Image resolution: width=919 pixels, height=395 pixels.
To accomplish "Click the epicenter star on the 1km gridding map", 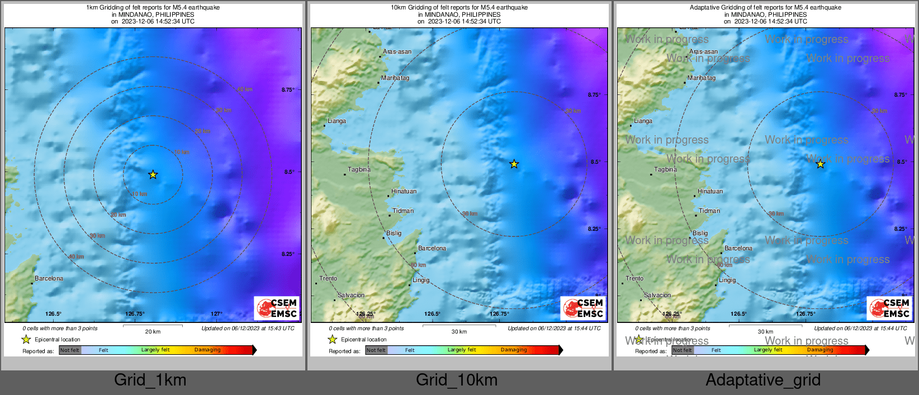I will [153, 175].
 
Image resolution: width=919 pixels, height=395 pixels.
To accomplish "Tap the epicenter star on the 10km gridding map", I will [514, 164].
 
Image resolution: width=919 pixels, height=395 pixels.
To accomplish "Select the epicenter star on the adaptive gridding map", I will [820, 164].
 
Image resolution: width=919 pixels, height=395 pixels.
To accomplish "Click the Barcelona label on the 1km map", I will [49, 278].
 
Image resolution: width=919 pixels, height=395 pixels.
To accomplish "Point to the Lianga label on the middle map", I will [337, 121].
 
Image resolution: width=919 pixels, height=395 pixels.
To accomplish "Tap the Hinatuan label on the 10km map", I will [404, 191].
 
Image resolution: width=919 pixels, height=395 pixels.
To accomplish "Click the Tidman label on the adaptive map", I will [709, 211].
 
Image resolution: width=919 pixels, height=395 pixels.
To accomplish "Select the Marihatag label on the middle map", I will [395, 78].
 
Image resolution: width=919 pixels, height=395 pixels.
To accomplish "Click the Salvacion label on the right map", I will [657, 295].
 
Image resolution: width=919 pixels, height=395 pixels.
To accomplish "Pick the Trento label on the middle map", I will [328, 278].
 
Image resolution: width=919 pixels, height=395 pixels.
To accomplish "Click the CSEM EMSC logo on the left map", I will [277, 308].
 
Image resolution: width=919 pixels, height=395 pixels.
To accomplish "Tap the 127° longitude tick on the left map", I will [216, 314].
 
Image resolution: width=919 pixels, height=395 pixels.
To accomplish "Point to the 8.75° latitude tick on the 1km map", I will [288, 89].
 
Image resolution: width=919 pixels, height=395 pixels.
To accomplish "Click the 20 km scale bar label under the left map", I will [153, 331].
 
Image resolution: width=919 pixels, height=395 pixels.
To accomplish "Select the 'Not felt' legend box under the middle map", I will [376, 350].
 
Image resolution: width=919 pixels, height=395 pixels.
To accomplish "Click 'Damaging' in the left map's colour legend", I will [207, 350].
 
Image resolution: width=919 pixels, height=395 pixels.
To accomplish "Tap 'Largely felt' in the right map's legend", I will [768, 350].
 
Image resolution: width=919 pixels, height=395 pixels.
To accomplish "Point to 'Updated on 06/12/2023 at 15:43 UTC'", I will [248, 329].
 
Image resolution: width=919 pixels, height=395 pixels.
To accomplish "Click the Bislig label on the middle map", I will [394, 233].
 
